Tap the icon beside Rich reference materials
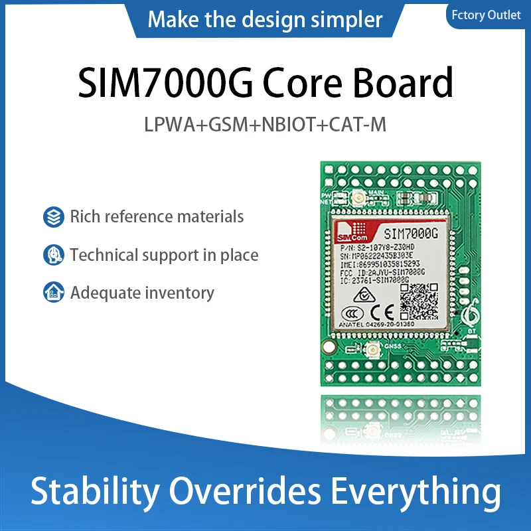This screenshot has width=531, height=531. tap(52, 216)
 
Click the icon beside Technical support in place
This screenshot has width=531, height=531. tap(52, 255)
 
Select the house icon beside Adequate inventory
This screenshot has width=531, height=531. tap(52, 292)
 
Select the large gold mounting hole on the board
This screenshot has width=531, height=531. tap(326, 346)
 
